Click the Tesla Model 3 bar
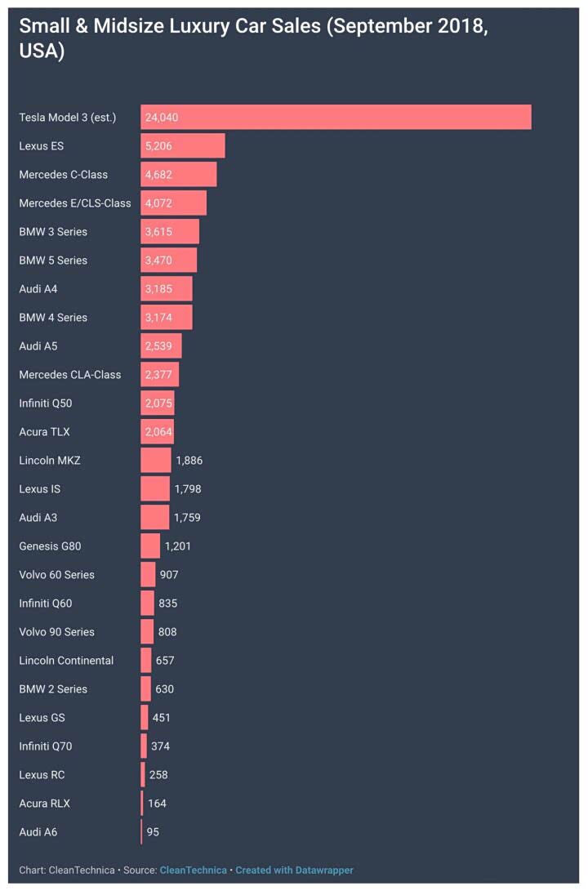click(336, 117)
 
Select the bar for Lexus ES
click(182, 145)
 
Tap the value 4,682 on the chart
click(158, 174)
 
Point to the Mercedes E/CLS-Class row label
click(75, 203)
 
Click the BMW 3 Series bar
click(170, 231)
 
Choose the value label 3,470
click(158, 260)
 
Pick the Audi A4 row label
click(38, 288)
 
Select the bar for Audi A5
click(161, 345)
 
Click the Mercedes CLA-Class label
click(70, 374)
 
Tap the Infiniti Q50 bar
click(158, 403)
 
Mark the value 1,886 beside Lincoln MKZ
click(189, 460)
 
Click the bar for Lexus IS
click(155, 488)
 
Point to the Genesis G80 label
click(50, 546)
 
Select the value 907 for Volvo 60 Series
click(169, 574)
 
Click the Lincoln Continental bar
click(146, 660)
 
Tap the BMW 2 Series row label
click(53, 688)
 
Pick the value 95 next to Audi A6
click(153, 831)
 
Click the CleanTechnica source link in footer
click(194, 870)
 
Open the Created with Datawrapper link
click(295, 870)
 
